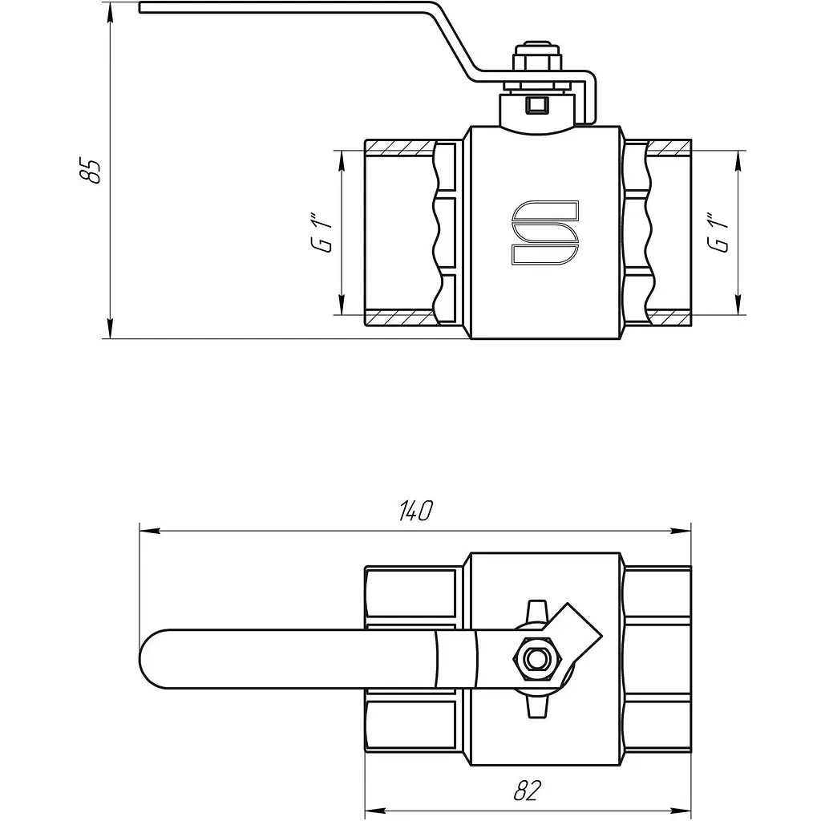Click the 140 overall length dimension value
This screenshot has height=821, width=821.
416,511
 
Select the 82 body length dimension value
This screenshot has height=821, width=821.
527,791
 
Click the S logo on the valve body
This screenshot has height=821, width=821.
545,232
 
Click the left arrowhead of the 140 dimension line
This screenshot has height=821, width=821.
149,532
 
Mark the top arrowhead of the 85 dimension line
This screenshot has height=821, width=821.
110,13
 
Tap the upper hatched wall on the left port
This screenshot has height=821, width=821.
400,148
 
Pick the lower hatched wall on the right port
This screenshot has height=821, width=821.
669,317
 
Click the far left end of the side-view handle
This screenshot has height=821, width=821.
140,7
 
